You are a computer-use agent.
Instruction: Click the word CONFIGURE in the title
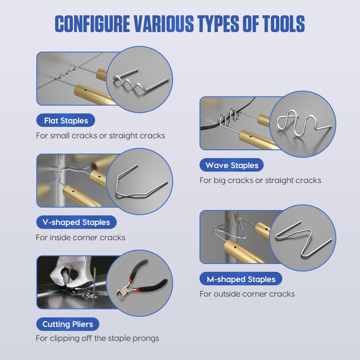[x=92, y=24]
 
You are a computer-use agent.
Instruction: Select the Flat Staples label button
[x=66, y=120]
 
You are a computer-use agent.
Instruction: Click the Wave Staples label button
[x=232, y=165]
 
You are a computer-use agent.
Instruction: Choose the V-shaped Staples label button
[x=76, y=222]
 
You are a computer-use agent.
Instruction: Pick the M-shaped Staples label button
[x=241, y=279]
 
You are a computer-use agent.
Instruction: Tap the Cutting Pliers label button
[x=67, y=324]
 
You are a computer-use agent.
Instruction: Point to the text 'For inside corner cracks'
[x=80, y=238]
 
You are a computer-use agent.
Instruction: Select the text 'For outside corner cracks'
[x=247, y=294]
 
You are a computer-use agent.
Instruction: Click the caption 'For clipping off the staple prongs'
[x=97, y=338]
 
